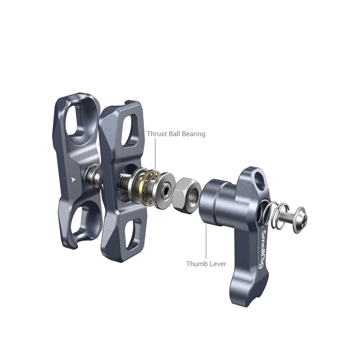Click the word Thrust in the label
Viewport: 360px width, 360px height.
(x=157, y=134)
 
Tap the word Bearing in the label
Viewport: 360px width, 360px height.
(x=193, y=134)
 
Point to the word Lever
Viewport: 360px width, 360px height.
(x=217, y=264)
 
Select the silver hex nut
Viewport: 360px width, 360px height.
(x=187, y=195)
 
